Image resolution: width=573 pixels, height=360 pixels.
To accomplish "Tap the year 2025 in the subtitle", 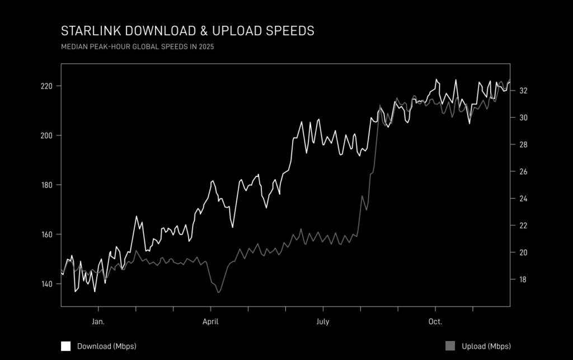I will [206, 47].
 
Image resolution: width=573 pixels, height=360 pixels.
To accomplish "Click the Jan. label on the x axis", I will [98, 322].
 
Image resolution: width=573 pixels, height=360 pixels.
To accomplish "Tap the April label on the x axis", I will [210, 322].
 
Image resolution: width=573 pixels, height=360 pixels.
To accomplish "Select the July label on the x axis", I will [323, 322].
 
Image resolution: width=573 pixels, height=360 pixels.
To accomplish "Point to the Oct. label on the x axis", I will [435, 322].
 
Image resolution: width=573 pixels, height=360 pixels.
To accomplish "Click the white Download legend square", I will [66, 346].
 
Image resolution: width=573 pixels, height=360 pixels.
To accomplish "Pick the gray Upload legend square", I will [450, 346].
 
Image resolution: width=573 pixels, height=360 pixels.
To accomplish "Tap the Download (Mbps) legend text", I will [106, 346].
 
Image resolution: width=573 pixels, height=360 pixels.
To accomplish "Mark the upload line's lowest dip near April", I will [219, 292].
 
